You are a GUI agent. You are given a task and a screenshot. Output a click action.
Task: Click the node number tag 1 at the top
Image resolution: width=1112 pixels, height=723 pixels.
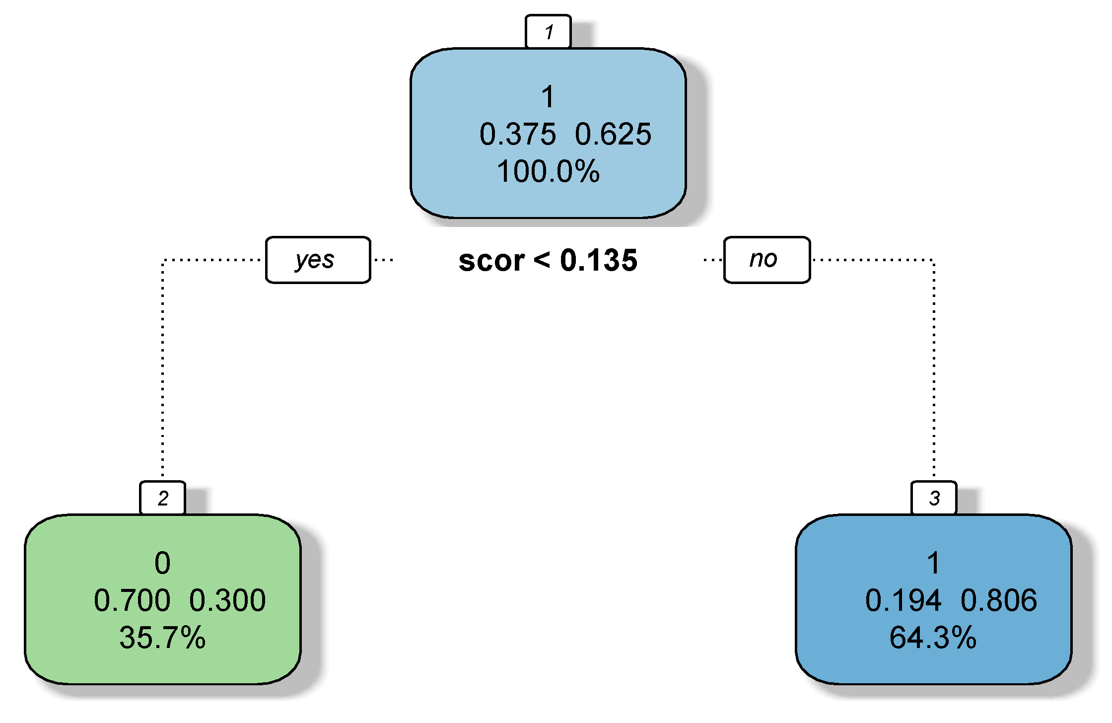click(548, 32)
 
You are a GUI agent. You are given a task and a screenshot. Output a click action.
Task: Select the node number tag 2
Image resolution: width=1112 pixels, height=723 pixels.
click(163, 498)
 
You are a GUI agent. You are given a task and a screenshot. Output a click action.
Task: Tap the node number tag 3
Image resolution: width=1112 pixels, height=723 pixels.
click(934, 498)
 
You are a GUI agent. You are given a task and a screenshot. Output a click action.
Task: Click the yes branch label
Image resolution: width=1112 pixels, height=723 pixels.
click(318, 260)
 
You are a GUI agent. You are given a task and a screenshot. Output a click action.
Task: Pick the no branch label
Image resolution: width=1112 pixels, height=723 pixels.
click(766, 260)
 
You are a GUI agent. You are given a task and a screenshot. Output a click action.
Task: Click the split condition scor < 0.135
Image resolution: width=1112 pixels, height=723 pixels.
click(548, 260)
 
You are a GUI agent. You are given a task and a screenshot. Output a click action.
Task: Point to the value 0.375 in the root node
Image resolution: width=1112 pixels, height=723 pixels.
click(517, 134)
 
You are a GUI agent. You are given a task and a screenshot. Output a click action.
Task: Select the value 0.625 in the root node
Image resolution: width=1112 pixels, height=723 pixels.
click(613, 134)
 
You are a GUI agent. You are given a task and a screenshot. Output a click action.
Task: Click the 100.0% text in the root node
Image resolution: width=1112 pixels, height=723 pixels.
click(548, 171)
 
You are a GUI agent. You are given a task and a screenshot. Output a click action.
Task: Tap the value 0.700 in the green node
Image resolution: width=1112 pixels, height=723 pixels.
click(132, 600)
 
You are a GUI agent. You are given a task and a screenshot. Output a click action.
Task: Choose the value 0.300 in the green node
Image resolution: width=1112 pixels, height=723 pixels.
click(227, 600)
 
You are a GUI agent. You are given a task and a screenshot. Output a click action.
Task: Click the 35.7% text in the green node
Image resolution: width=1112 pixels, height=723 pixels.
click(162, 638)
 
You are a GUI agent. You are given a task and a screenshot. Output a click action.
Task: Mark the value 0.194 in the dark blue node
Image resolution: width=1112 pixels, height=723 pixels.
click(903, 600)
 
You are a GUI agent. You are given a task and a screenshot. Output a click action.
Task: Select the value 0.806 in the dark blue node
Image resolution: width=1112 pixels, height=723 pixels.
click(998, 600)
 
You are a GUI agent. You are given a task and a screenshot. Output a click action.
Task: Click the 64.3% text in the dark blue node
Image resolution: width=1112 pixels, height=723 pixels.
click(933, 638)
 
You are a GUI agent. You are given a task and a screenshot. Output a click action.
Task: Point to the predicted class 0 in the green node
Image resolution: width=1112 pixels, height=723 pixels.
click(162, 563)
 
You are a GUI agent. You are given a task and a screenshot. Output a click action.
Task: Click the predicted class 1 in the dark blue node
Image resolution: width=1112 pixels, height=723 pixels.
click(933, 563)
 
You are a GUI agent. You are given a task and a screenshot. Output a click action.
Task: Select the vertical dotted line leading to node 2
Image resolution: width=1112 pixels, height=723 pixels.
click(163, 367)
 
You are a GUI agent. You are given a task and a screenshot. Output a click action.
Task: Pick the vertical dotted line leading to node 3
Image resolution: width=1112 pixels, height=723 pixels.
click(934, 367)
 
